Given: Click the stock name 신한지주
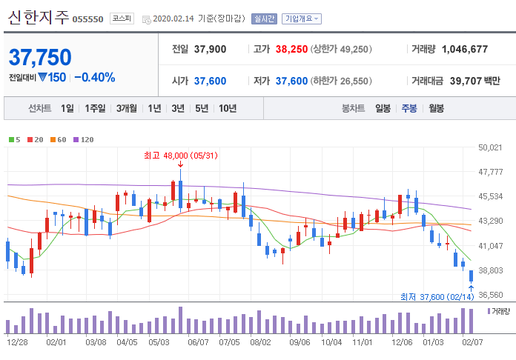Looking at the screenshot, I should coord(39,18).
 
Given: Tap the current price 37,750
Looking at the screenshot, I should coord(40,57).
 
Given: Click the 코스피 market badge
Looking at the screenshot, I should coord(122,19).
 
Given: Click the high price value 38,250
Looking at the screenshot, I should coord(291,49).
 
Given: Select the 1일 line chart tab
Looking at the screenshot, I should coord(67,108).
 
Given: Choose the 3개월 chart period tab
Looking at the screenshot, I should coord(126,108).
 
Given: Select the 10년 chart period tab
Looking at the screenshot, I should coord(228,108).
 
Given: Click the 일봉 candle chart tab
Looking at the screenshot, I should coord(383,108).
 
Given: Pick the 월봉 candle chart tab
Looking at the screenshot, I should coord(436,108).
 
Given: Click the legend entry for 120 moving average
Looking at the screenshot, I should coord(84,139).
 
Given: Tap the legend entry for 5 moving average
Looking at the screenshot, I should coord(15,139).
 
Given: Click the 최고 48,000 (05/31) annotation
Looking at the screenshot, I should coord(180,156).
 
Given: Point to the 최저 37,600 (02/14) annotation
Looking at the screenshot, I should coord(437,297).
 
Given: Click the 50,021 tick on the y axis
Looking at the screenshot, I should coord(492,148).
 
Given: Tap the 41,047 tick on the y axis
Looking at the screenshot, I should coord(492,246).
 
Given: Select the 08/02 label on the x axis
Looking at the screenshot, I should coord(260,343).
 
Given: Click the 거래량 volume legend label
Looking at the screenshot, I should coord(500,311).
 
